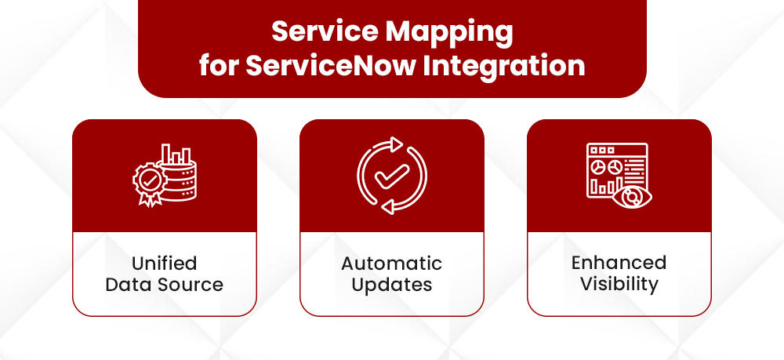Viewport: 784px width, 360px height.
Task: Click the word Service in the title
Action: [324, 34]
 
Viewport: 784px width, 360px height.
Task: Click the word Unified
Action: [165, 263]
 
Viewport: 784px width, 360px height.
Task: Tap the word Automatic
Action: [392, 263]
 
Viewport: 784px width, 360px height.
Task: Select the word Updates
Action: [392, 284]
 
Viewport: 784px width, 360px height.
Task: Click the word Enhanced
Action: [619, 262]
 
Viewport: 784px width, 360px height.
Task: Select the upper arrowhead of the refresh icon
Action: [396, 144]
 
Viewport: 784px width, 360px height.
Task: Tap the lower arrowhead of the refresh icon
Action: [387, 208]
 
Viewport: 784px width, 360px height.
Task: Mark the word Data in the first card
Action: [126, 284]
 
